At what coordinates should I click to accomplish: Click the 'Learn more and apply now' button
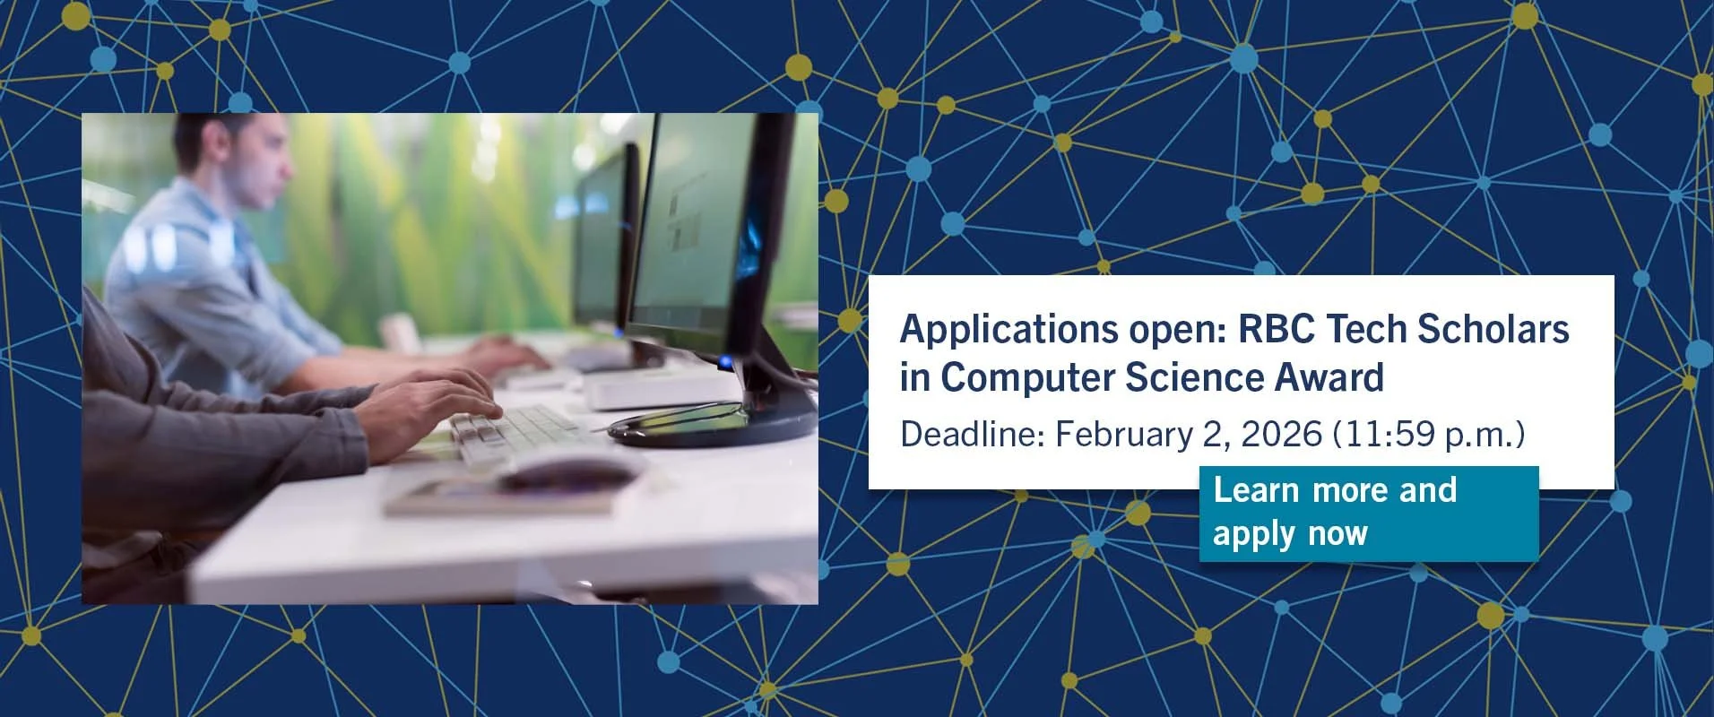1368,514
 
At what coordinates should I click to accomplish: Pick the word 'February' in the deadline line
1121,435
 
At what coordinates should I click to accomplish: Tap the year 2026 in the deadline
1282,435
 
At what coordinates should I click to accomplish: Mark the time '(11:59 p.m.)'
1429,435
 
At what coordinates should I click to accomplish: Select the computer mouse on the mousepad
565,471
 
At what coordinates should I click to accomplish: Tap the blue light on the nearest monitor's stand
724,363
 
